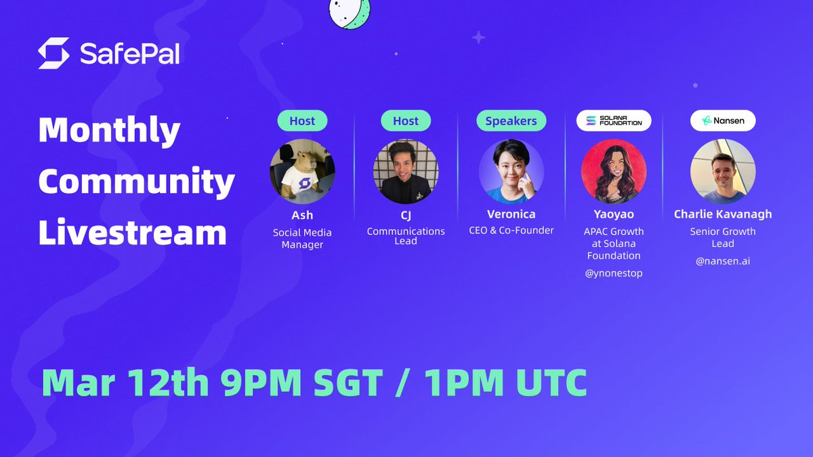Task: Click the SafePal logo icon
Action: (54, 53)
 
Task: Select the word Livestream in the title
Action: (132, 232)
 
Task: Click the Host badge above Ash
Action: (302, 121)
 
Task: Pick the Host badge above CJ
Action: (406, 121)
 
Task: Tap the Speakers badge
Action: (511, 121)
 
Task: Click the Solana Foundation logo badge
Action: (614, 121)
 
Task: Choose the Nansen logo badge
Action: (722, 121)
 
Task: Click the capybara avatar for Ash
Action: (302, 171)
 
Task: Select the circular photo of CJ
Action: (406, 171)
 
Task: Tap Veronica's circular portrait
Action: (511, 171)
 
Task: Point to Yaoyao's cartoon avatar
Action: (614, 171)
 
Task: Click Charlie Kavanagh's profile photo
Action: (722, 171)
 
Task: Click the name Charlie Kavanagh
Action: (722, 214)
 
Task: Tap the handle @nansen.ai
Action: (722, 261)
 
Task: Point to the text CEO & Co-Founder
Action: (511, 231)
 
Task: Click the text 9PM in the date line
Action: (261, 383)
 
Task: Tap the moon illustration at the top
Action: (350, 12)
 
